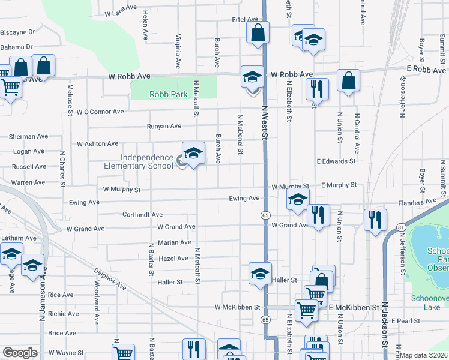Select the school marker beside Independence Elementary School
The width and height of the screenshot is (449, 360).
[193, 154]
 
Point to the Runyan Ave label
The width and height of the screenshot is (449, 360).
[164, 127]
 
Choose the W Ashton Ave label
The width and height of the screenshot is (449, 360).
[97, 144]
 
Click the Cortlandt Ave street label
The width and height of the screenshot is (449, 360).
[143, 214]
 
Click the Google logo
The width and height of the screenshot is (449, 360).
[19, 353]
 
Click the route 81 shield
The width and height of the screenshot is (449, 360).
[400, 227]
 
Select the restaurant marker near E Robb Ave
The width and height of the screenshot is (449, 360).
[316, 89]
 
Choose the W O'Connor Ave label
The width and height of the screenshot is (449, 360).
[100, 112]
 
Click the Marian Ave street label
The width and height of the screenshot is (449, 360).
[174, 243]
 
